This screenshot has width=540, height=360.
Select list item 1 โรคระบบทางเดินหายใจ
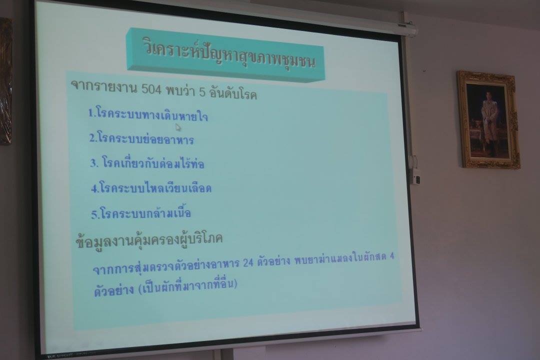[148, 114]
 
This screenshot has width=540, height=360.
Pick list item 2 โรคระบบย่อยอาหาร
[141, 138]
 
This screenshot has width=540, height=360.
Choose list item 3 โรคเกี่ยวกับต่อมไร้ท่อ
[147, 162]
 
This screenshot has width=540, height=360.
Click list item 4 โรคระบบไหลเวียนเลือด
[151, 187]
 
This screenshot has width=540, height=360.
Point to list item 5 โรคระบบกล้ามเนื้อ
[141, 213]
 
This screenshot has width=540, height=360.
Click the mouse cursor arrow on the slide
[178, 127]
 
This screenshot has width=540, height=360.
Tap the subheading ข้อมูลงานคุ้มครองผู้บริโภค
[149, 239]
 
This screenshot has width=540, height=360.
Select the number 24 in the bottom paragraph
[248, 263]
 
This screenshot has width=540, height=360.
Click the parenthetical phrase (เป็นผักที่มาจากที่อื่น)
[187, 286]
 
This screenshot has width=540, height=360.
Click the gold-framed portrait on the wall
[488, 120]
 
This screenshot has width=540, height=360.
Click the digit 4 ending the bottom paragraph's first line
[391, 256]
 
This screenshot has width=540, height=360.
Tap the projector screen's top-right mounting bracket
[408, 28]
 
